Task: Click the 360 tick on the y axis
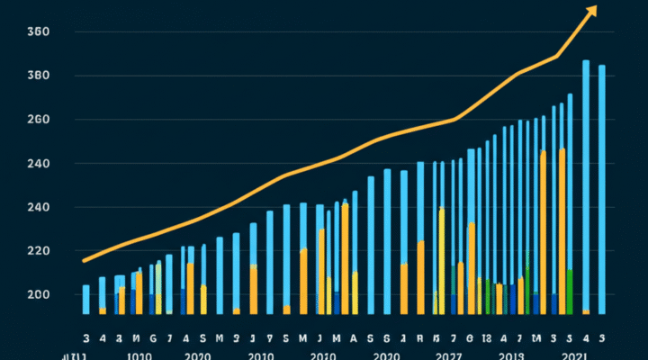click(x=38, y=32)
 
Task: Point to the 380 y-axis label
click(x=38, y=76)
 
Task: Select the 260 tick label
click(x=38, y=120)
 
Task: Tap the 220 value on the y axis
click(x=38, y=251)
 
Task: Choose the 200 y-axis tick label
click(x=38, y=295)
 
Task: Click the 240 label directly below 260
click(x=38, y=164)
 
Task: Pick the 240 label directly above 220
click(x=38, y=208)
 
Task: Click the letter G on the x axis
click(x=153, y=338)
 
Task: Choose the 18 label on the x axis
click(x=486, y=338)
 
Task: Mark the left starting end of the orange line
click(x=84, y=261)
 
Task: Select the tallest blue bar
click(x=586, y=180)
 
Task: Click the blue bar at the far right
click(x=602, y=189)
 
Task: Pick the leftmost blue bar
click(x=86, y=299)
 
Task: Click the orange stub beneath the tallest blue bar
click(x=586, y=311)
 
